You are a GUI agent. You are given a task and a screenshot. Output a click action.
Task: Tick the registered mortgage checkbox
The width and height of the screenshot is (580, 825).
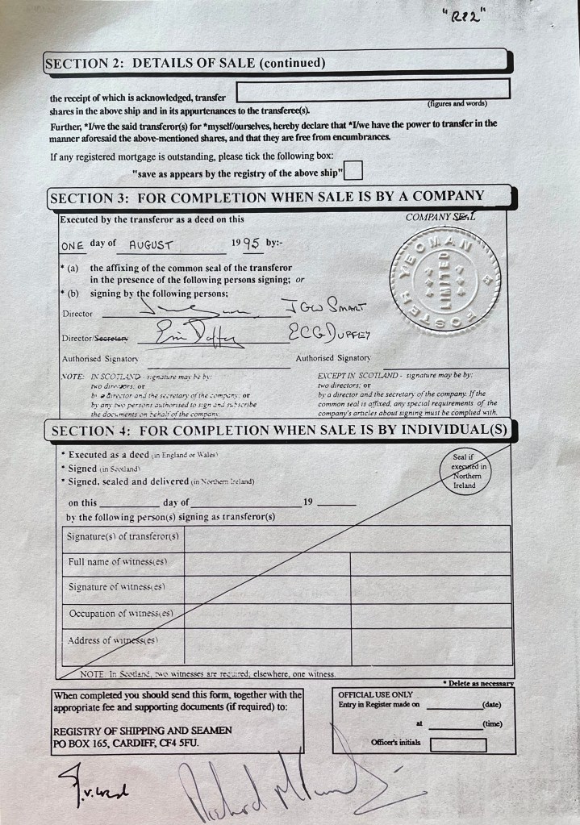(x=353, y=171)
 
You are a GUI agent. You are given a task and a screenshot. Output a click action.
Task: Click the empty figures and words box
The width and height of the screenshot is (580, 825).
(x=373, y=90)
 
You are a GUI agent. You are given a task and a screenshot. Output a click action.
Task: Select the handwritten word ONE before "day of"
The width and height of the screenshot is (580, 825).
(x=73, y=246)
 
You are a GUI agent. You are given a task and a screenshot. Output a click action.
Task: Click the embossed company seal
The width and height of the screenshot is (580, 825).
(x=444, y=278)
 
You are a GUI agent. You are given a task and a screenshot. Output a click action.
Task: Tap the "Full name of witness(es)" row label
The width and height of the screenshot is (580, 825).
(x=118, y=561)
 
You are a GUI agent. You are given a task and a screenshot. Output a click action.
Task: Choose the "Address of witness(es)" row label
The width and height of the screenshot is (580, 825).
(x=113, y=640)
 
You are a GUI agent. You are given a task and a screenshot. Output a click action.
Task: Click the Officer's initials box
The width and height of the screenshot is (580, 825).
(x=457, y=744)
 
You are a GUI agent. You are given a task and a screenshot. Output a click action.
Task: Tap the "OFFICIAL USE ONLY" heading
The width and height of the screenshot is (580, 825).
(x=375, y=694)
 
